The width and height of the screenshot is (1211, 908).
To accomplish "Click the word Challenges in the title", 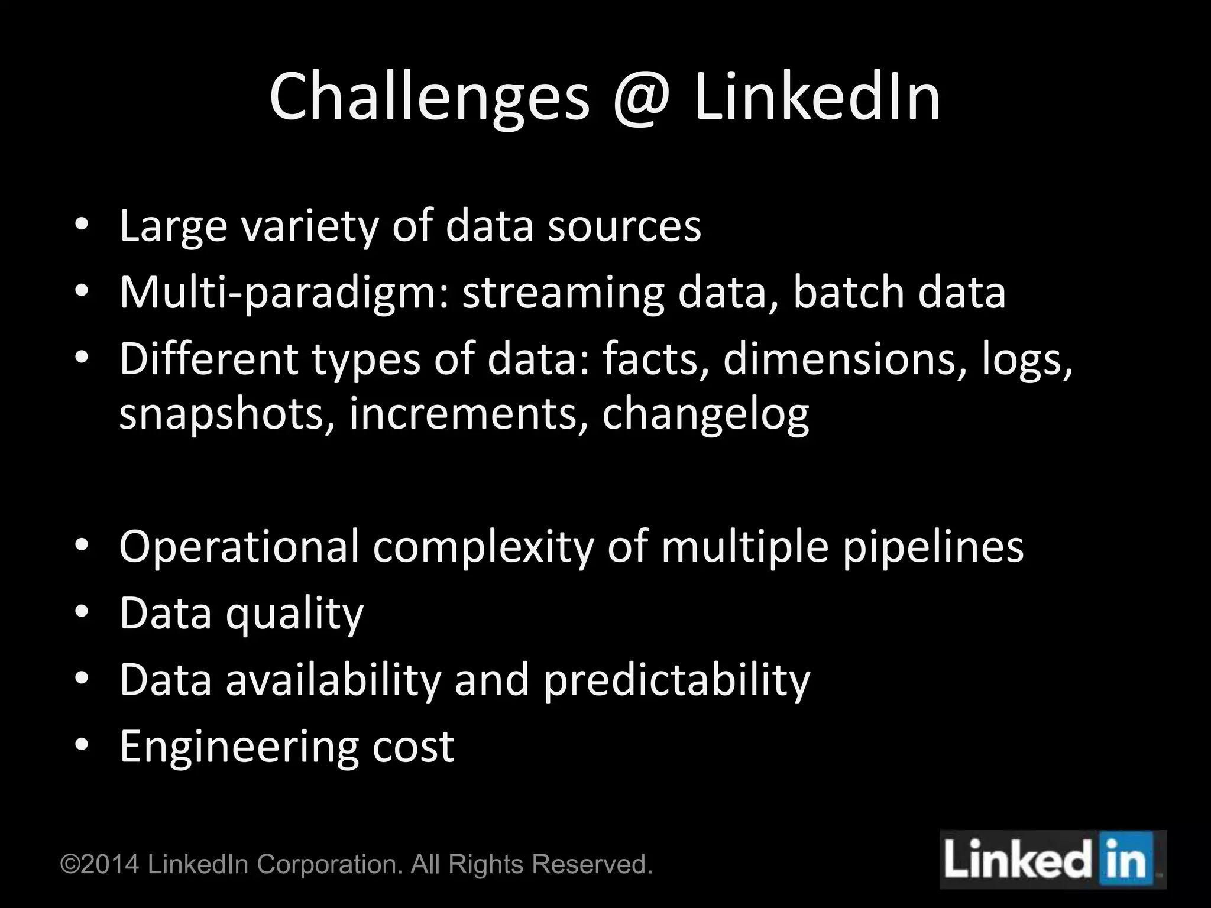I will [429, 98].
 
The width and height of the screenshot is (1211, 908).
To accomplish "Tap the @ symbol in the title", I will [642, 98].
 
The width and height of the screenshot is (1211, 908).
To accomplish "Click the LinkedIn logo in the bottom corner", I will [1053, 860].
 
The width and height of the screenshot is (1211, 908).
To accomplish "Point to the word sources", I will [624, 227].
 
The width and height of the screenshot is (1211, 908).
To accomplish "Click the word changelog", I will [705, 415].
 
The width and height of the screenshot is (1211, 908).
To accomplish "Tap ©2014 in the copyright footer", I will [101, 864].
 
